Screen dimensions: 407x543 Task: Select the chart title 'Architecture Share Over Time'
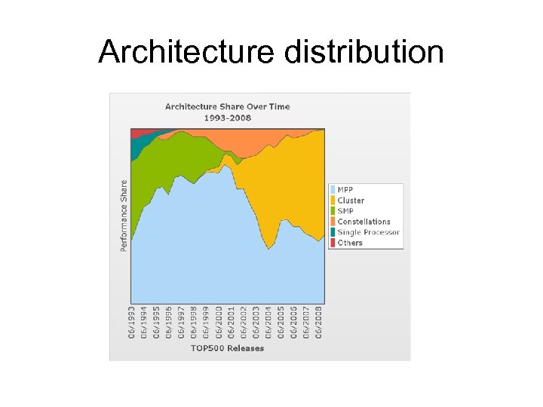tap(227, 106)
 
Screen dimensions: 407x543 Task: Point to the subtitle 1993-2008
tap(227, 118)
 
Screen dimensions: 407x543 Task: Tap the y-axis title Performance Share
tap(124, 216)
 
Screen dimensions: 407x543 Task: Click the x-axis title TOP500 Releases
tap(227, 348)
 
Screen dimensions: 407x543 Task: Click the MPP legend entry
tap(345, 189)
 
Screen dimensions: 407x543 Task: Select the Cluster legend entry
tap(350, 200)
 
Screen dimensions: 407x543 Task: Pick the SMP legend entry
tap(345, 211)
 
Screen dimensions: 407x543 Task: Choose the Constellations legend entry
tap(363, 222)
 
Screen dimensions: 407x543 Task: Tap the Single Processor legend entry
tap(367, 232)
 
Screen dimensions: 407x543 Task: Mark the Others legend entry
tap(349, 243)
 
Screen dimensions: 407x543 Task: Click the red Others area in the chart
tap(138, 133)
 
